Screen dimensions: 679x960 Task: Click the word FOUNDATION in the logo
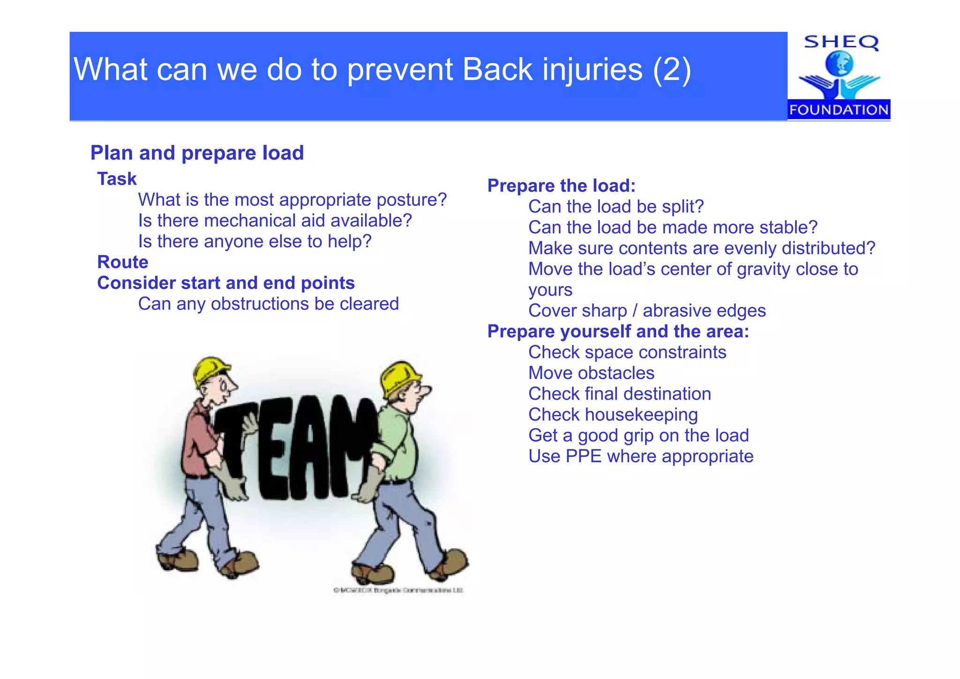[839, 110]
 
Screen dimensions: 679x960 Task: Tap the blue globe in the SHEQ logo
[839, 64]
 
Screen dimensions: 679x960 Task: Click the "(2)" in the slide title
[672, 70]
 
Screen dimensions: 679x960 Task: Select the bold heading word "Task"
[117, 179]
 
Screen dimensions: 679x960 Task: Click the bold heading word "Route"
[122, 262]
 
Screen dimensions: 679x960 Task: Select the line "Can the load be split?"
[616, 207]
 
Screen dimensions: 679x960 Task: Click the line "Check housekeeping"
[613, 415]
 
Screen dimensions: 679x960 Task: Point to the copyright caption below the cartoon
[398, 590]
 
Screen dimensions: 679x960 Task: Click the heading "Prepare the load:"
[561, 186]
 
